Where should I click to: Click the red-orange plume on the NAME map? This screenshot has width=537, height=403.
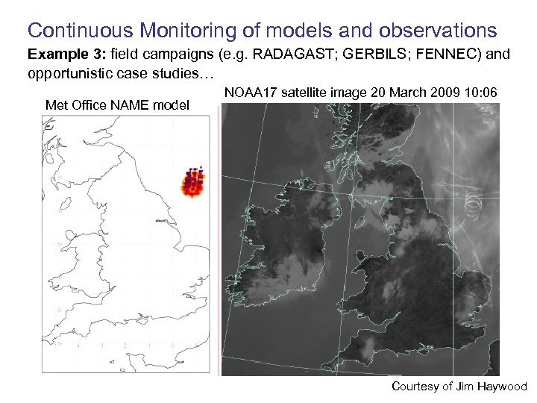[x=193, y=184]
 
